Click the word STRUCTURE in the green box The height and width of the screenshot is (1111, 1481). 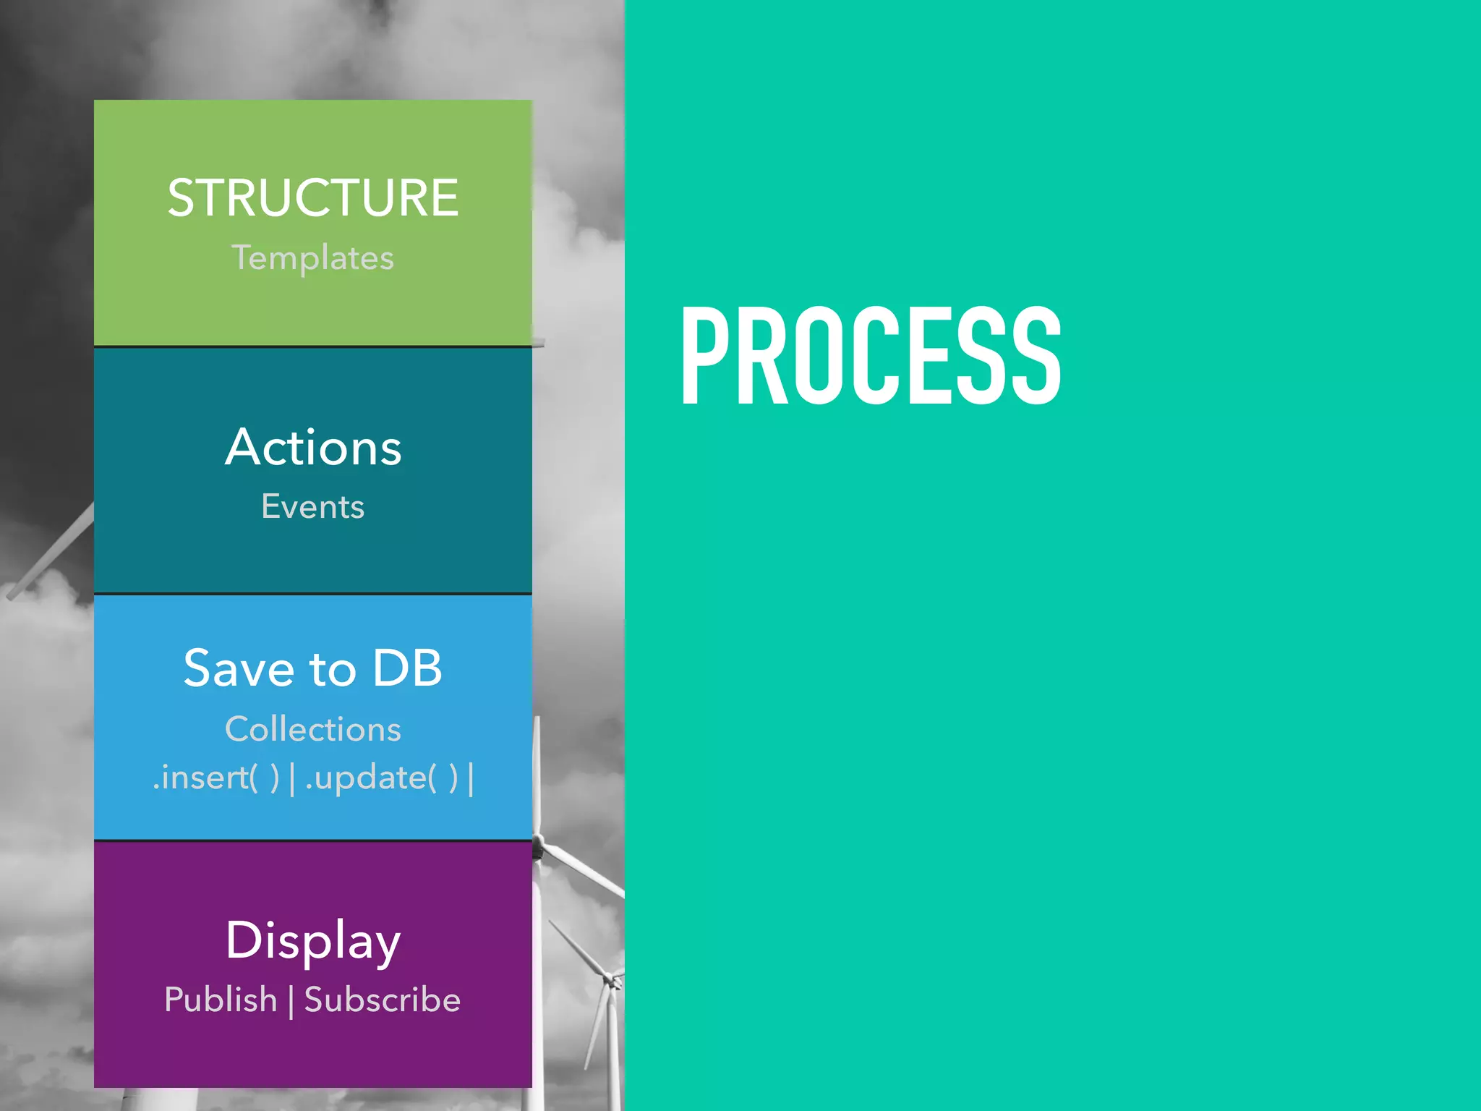(x=313, y=197)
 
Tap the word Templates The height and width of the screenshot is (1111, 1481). (x=313, y=258)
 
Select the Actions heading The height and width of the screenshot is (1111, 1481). (x=313, y=448)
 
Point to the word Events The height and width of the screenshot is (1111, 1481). (x=313, y=506)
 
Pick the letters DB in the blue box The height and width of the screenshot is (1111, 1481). (x=407, y=668)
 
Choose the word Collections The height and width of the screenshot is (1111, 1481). (x=313, y=729)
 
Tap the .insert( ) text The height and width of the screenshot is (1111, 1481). (x=215, y=778)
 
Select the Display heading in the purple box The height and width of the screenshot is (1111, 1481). (x=313, y=941)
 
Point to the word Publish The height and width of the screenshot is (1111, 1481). (x=221, y=1000)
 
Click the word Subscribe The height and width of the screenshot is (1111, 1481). (x=382, y=1000)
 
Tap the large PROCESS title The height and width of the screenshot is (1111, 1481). (x=871, y=354)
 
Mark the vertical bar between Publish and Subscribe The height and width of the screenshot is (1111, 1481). (x=291, y=1001)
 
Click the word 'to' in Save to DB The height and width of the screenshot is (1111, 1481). (x=333, y=670)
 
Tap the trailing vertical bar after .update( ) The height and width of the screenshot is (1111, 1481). (x=471, y=780)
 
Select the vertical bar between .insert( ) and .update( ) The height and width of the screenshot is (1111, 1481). (x=292, y=780)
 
